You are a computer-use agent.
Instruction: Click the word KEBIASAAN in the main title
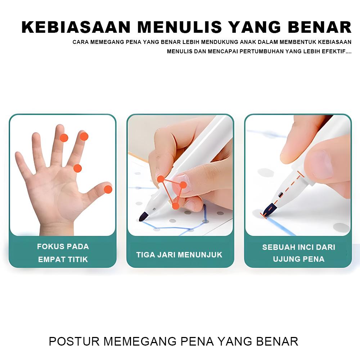pyautogui.click(x=76, y=28)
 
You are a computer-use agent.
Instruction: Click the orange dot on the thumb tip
pyautogui.click(x=108, y=189)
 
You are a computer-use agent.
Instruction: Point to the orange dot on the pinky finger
pyautogui.click(x=77, y=168)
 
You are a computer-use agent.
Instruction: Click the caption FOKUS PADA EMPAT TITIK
pyautogui.click(x=63, y=253)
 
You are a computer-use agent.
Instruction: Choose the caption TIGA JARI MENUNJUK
pyautogui.click(x=179, y=255)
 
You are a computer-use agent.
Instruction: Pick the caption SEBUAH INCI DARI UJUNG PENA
pyautogui.click(x=298, y=253)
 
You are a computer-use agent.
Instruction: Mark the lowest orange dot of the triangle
pyautogui.click(x=175, y=206)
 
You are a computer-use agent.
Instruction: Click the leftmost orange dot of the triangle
pyautogui.click(x=161, y=179)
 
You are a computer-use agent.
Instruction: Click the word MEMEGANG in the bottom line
pyautogui.click(x=139, y=341)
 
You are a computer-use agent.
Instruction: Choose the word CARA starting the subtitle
pyautogui.click(x=80, y=42)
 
